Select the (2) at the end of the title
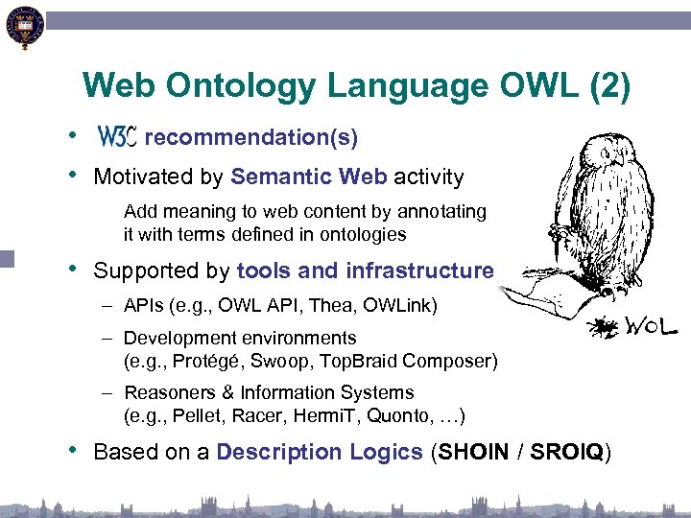point(608,86)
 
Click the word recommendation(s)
point(256,138)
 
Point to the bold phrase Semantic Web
point(309,177)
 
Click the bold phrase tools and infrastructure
point(365,271)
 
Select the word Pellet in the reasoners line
point(194,415)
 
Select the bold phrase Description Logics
point(320,452)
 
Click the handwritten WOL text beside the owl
point(652,328)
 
